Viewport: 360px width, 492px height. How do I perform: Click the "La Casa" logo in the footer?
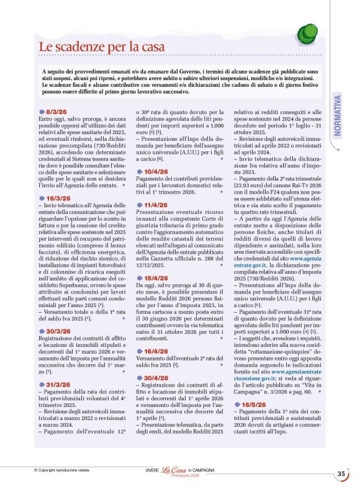coord(174,470)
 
